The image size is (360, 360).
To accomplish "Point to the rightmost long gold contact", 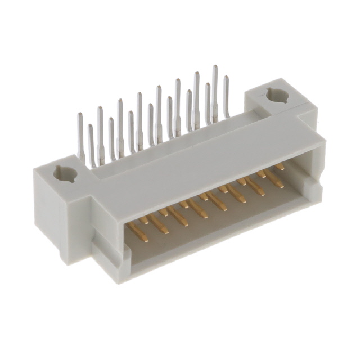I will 274,180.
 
